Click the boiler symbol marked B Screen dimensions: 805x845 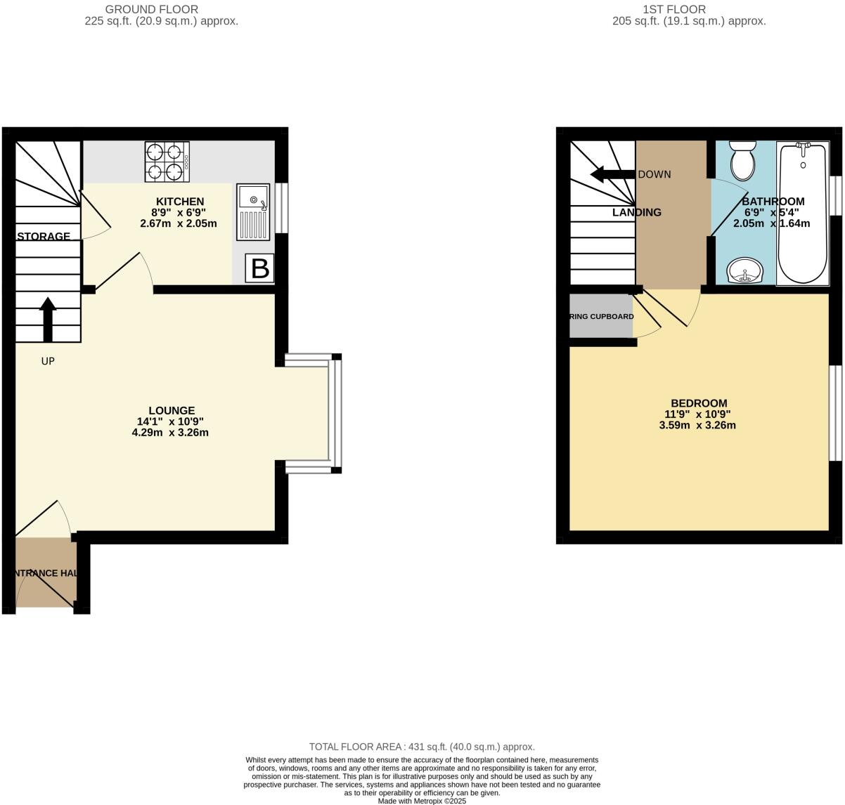point(260,269)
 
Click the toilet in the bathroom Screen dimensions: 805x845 point(742,160)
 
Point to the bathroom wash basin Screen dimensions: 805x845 point(742,270)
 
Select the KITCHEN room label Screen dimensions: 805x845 point(180,202)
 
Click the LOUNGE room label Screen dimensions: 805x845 point(172,411)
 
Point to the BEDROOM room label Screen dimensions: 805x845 point(699,403)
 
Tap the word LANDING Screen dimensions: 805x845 point(636,212)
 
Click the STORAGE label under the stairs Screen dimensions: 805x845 point(44,236)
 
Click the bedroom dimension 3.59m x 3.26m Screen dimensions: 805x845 point(698,425)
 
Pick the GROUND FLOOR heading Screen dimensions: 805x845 point(151,9)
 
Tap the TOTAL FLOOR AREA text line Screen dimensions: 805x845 point(422,747)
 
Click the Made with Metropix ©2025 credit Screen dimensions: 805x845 point(422,801)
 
